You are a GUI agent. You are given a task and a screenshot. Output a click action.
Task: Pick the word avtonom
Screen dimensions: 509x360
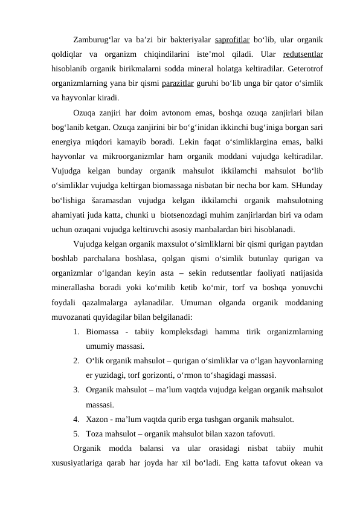point(179,112)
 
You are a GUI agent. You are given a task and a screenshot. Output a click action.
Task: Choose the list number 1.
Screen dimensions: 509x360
point(76,331)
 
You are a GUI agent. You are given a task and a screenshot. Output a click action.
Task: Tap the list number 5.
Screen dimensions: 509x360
point(76,433)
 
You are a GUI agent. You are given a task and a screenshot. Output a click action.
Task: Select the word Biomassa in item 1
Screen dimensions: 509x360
point(103,331)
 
